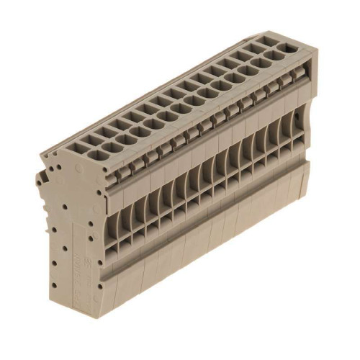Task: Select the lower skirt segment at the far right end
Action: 298,184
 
